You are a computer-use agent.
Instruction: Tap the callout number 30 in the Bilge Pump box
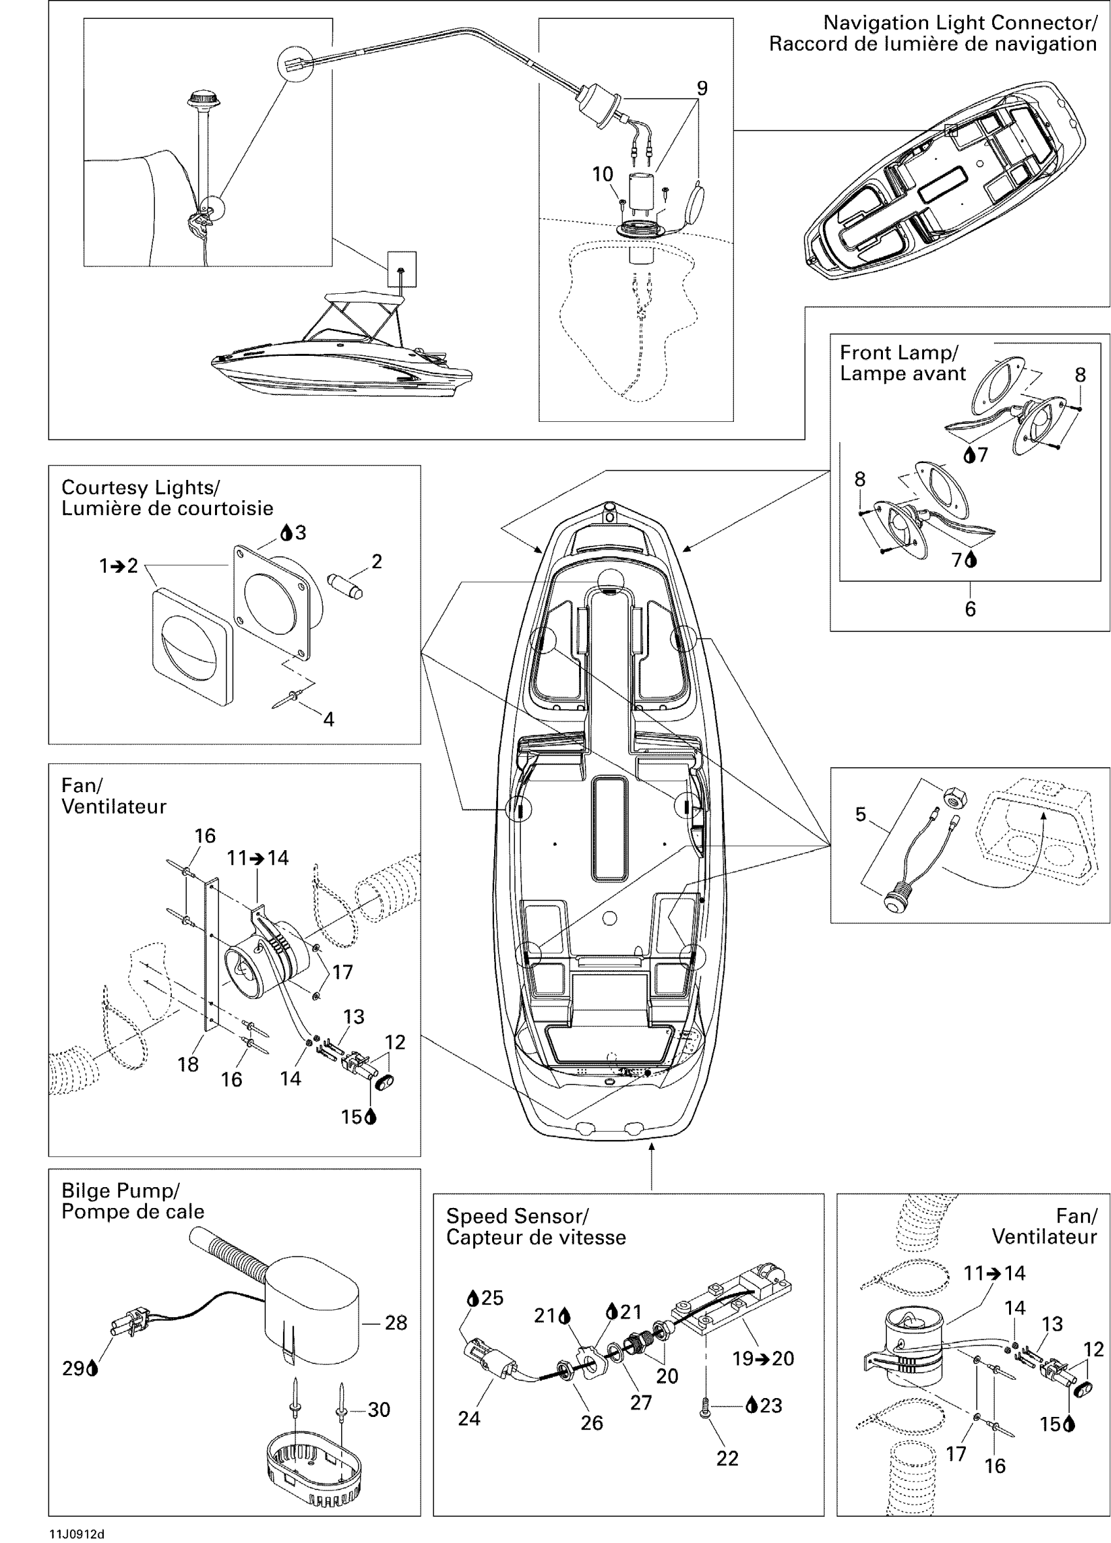pos(378,1410)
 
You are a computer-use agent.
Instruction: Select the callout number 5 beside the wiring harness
pos(861,814)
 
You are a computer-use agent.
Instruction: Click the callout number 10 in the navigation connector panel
pos(603,175)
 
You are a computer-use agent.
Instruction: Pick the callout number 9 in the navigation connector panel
pos(702,88)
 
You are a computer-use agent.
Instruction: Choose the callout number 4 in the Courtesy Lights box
pos(328,719)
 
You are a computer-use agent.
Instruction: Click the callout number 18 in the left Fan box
pos(188,1064)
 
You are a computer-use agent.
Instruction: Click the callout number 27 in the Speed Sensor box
pos(640,1402)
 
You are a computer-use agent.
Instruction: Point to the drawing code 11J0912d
pos(76,1534)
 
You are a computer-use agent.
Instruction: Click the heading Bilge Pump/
pos(120,1190)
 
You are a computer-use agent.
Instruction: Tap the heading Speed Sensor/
pos(517,1217)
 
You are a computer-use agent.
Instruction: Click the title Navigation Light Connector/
pos(960,23)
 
